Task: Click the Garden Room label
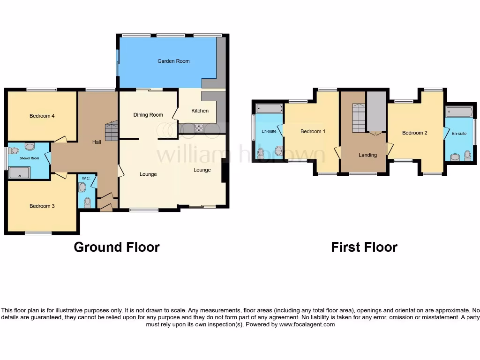(173, 61)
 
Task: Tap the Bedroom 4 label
(42, 116)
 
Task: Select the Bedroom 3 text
(42, 206)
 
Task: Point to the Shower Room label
(29, 158)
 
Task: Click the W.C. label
(86, 178)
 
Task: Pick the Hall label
(97, 142)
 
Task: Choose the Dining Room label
(148, 115)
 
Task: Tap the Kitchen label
(200, 111)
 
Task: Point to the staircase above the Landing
(359, 118)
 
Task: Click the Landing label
(367, 155)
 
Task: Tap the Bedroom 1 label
(313, 131)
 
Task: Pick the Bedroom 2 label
(414, 133)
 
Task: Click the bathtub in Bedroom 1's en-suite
(268, 109)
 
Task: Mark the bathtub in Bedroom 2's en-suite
(459, 112)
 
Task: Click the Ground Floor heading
(117, 247)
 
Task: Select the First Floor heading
(364, 247)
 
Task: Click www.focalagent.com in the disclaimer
(307, 324)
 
